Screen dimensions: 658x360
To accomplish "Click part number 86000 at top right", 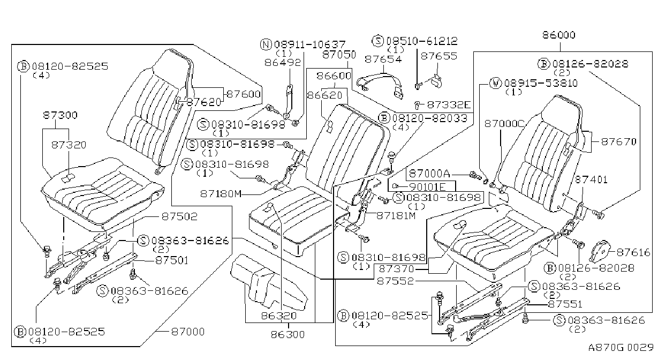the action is tap(559, 35).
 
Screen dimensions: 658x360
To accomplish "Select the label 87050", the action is tap(339, 55).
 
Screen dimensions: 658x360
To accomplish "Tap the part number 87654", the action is tap(383, 59).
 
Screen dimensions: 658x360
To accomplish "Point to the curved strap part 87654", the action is tap(381, 84).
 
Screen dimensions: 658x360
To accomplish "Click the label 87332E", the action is tap(449, 104).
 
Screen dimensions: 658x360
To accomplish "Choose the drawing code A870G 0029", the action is tap(621, 348).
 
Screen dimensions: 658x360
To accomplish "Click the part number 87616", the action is tap(633, 252).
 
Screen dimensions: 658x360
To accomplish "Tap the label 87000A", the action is tap(429, 174).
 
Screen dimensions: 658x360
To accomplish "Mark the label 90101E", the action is tap(427, 187).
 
